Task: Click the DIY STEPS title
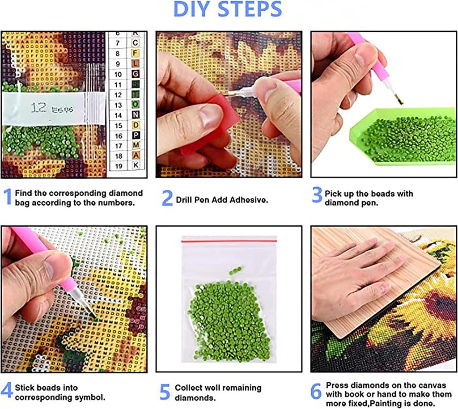tap(228, 10)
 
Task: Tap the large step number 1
tap(7, 197)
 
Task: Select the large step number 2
tap(167, 198)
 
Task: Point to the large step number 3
tap(317, 195)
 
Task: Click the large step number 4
tap(7, 390)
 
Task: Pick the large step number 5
tap(165, 392)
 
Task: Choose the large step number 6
tap(316, 392)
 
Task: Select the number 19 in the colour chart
tap(118, 166)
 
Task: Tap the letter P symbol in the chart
tap(135, 135)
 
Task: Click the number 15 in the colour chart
tap(118, 126)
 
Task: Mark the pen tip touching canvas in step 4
tap(95, 316)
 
